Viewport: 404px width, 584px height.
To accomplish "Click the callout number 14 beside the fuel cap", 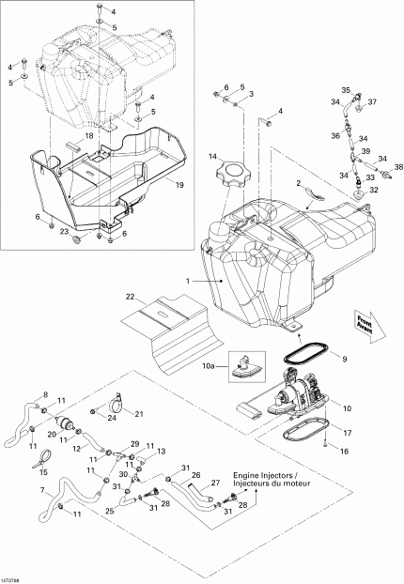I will tap(213, 154).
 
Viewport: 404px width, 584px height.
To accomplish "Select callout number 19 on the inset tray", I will tap(179, 185).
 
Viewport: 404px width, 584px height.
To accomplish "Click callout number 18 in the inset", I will tap(90, 136).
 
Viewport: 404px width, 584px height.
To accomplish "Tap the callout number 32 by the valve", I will tap(373, 189).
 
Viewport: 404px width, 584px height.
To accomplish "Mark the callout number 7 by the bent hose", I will tap(41, 491).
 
